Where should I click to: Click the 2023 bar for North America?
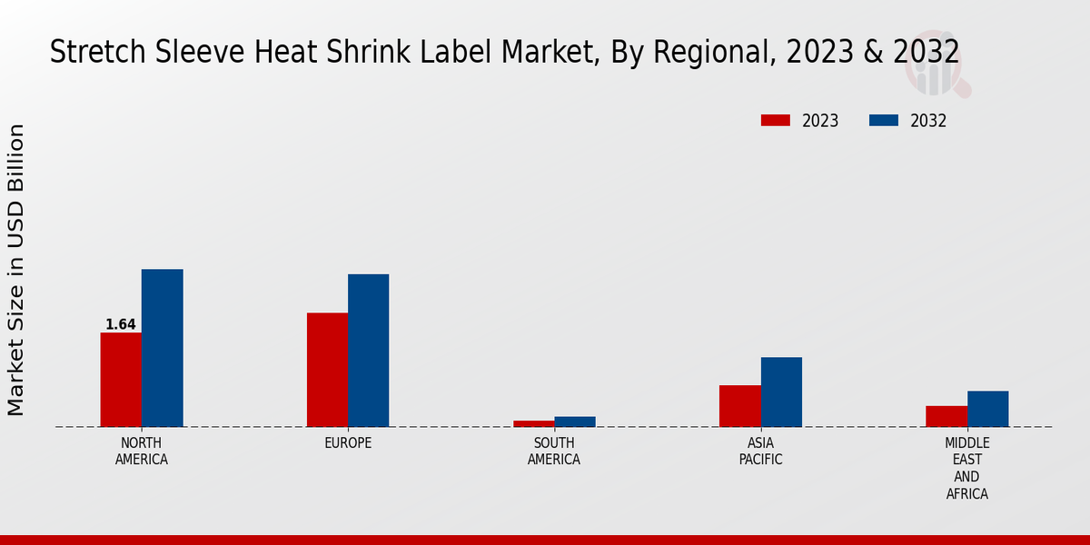[121, 380]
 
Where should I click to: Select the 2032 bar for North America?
[162, 348]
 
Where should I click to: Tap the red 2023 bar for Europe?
[327, 370]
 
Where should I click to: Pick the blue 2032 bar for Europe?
[368, 351]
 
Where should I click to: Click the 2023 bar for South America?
[533, 423]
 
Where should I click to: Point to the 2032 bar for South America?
[575, 421]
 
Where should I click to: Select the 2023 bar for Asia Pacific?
[739, 406]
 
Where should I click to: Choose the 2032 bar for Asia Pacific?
[781, 391]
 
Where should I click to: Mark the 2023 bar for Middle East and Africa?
[946, 416]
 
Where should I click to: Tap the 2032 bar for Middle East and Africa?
[987, 409]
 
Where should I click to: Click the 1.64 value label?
[121, 324]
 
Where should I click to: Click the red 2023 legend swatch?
[776, 121]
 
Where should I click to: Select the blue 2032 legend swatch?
[884, 121]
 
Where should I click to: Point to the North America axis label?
[142, 451]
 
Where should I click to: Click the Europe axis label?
[348, 443]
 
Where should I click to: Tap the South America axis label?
[554, 451]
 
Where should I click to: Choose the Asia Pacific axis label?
[760, 451]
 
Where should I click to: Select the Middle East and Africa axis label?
[966, 469]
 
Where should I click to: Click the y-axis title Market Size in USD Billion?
[16, 270]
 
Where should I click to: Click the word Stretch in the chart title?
[84, 53]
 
